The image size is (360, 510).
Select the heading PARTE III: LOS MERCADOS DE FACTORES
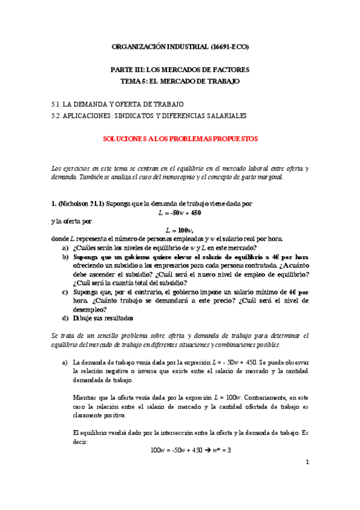(180, 70)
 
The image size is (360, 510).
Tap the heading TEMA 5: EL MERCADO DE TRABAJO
(180, 81)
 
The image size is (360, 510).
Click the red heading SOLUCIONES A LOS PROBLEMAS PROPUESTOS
(180, 138)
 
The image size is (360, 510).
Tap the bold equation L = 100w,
(180, 230)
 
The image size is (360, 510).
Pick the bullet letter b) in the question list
(65, 257)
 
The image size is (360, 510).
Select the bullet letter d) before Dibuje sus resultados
(65, 318)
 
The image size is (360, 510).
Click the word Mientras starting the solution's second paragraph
(84, 398)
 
